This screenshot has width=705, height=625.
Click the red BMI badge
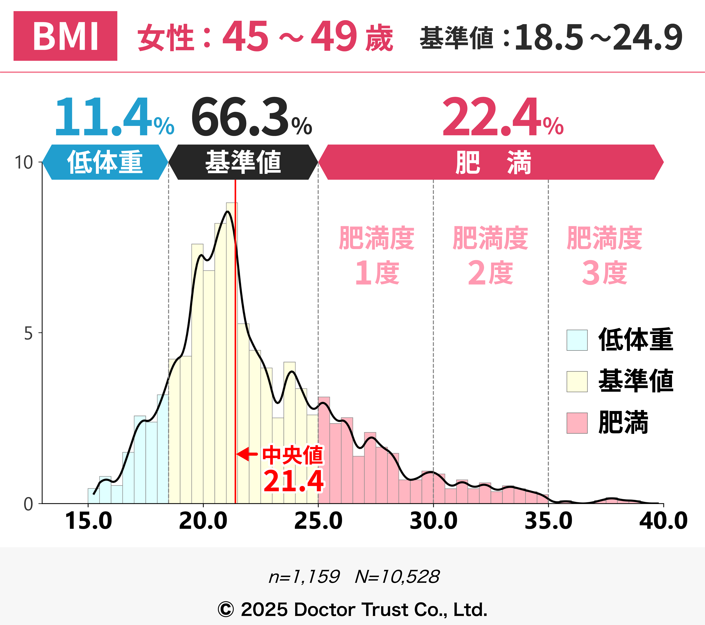click(x=65, y=36)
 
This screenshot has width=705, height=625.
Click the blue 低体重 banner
click(x=105, y=162)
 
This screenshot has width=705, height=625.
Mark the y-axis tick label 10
click(x=23, y=162)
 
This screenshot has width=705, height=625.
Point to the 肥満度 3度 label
click(x=604, y=256)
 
